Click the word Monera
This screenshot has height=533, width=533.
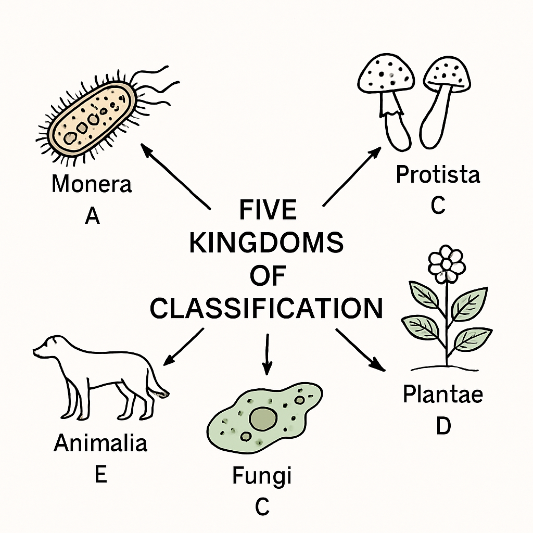pyautogui.click(x=92, y=184)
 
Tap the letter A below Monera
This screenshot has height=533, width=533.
pyautogui.click(x=93, y=215)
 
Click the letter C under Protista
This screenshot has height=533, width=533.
pyautogui.click(x=438, y=205)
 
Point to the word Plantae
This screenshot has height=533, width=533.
pyautogui.click(x=443, y=394)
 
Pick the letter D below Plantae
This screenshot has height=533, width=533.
pyautogui.click(x=443, y=425)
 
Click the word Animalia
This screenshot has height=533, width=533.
pyautogui.click(x=100, y=443)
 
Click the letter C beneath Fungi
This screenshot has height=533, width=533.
pyautogui.click(x=262, y=506)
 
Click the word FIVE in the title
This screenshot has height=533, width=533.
pyautogui.click(x=268, y=210)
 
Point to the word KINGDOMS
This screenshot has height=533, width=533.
pyautogui.click(x=266, y=243)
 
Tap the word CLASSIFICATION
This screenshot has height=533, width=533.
pyautogui.click(x=266, y=308)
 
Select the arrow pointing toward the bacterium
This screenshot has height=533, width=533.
pyautogui.click(x=175, y=176)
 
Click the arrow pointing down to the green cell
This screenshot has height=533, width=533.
pyautogui.click(x=267, y=354)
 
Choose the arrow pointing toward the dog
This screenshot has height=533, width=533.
pyautogui.click(x=184, y=347)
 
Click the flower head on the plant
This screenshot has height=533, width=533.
pyautogui.click(x=446, y=264)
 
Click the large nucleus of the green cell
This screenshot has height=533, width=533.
pyautogui.click(x=263, y=418)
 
